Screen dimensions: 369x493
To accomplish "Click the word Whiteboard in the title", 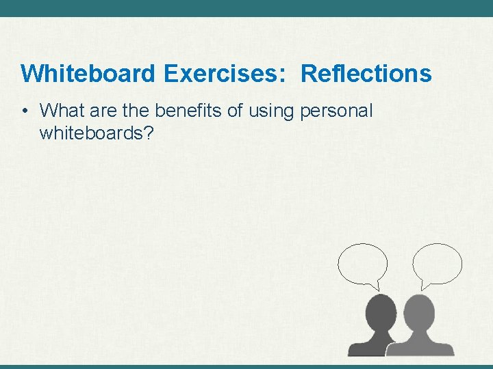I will click(x=88, y=73).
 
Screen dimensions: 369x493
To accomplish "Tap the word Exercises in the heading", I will click(x=221, y=73).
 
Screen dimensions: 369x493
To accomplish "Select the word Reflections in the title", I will click(x=366, y=73).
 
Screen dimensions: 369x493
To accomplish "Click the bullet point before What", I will click(x=25, y=111).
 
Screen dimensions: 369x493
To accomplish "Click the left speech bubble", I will click(x=362, y=264).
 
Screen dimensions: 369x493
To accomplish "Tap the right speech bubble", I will click(x=437, y=263).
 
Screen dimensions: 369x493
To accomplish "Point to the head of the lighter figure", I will click(x=418, y=312).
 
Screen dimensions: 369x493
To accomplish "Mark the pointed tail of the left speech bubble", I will click(x=375, y=284).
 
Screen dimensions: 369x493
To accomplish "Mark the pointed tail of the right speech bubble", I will click(x=425, y=284).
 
